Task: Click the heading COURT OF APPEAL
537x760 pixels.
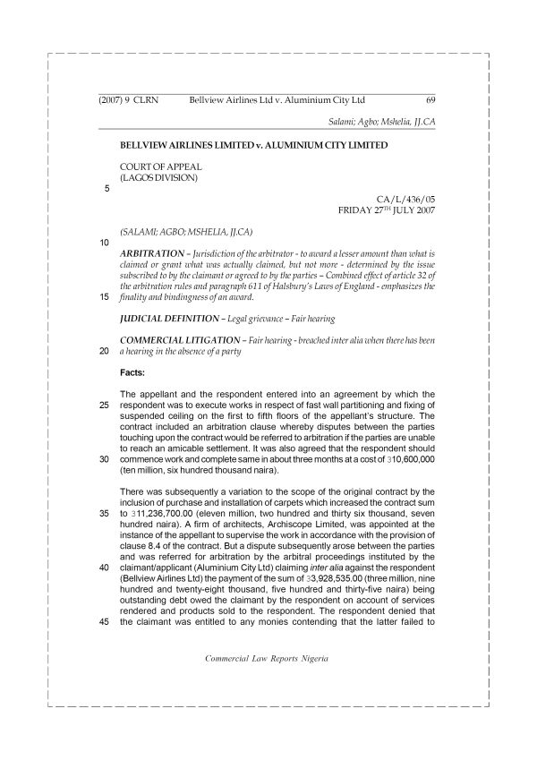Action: tap(160, 167)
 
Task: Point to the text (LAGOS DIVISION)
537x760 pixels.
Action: tap(158, 177)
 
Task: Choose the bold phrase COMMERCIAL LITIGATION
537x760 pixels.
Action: tap(175, 340)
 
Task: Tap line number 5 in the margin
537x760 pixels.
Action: tap(107, 189)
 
